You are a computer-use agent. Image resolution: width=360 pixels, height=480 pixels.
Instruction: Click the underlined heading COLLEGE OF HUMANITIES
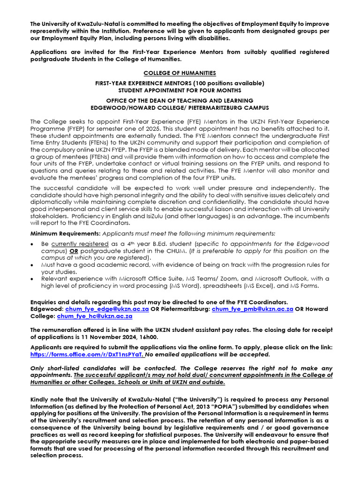(180, 73)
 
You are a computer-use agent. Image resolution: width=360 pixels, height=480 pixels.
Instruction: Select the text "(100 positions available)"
(227, 83)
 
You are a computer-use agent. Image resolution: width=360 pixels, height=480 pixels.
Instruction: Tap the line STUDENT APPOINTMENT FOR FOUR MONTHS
(180, 90)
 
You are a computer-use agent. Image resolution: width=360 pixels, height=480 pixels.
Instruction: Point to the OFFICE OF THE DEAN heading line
(180, 100)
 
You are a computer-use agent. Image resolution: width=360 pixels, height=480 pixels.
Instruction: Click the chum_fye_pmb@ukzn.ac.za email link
(253, 309)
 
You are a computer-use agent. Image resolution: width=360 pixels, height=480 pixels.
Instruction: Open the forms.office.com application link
(86, 354)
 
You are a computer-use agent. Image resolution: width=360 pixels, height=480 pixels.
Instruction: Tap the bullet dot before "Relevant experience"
(31, 279)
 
